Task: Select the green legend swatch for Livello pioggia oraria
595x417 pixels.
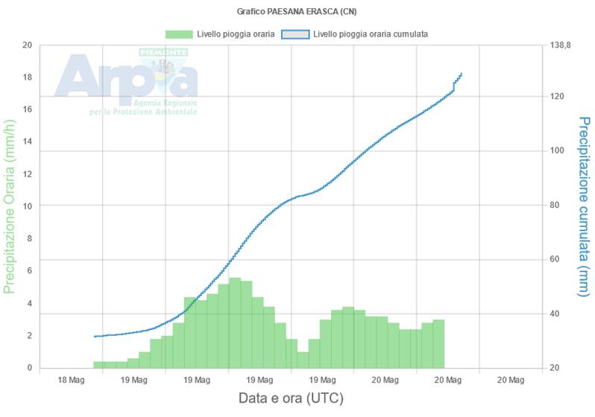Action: [179, 34]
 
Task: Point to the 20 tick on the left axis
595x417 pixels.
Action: [27, 45]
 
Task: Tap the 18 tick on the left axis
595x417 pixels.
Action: [27, 77]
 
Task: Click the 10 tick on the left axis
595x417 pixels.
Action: [27, 206]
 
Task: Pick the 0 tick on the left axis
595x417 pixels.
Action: [28, 368]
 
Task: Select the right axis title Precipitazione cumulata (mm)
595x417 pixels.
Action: [584, 206]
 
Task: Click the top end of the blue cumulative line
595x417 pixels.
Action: [462, 74]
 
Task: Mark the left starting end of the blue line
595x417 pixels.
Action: [95, 337]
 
